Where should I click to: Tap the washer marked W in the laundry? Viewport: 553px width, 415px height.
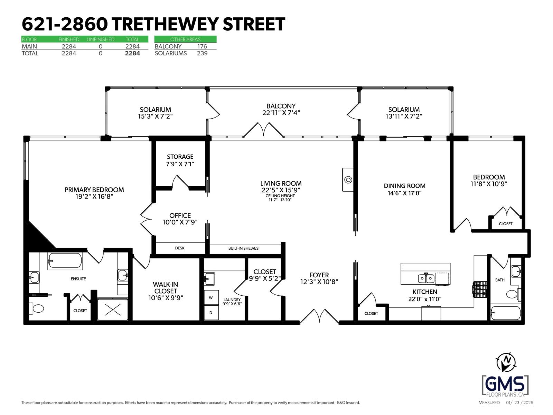211,297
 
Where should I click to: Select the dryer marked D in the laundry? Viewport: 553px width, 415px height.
211,313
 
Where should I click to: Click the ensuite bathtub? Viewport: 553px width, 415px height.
65,261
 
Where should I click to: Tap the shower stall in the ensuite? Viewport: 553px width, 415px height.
113,309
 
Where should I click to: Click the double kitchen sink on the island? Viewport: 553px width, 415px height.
426,278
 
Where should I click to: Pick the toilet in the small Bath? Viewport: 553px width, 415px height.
513,295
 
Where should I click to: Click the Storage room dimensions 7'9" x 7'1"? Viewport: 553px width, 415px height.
180,164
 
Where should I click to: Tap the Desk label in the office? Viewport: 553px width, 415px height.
180,248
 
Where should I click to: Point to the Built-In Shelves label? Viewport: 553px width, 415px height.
243,248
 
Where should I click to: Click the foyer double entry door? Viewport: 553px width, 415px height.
319,316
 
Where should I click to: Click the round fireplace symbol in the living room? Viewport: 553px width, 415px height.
348,179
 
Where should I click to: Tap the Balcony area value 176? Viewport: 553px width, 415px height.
202,46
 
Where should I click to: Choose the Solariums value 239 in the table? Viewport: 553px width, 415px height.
202,53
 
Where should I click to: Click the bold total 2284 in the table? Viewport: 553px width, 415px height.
132,53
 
